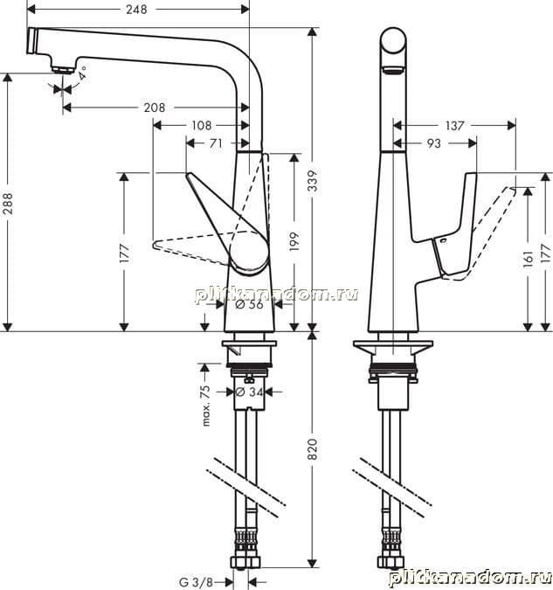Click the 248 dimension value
click(x=136, y=10)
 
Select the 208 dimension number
click(x=155, y=108)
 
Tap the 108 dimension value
click(x=202, y=125)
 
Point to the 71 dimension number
click(x=216, y=143)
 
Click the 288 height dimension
click(x=8, y=204)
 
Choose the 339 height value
click(x=313, y=181)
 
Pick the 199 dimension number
click(x=294, y=241)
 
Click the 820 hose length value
click(x=313, y=449)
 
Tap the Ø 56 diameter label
click(x=249, y=304)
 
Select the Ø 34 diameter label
click(x=249, y=392)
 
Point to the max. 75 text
click(x=206, y=406)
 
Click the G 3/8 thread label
click(x=196, y=582)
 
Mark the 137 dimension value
click(x=455, y=125)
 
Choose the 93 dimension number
click(x=433, y=143)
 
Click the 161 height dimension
click(x=529, y=259)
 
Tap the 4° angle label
click(x=83, y=73)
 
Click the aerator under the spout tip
click(x=63, y=70)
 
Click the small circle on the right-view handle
click(x=443, y=240)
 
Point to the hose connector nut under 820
click(x=245, y=563)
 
